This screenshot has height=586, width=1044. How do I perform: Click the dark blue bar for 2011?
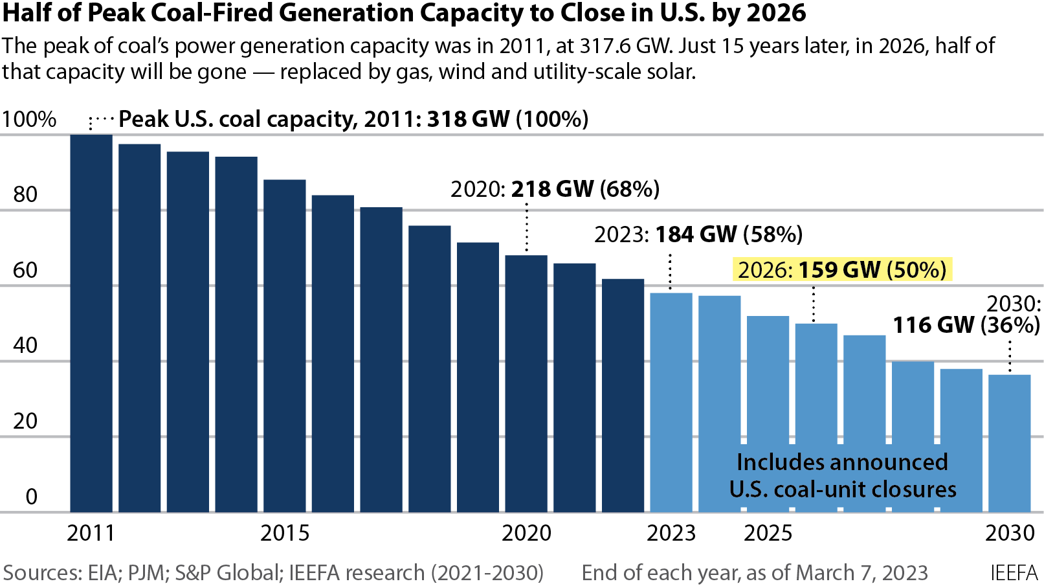(91, 324)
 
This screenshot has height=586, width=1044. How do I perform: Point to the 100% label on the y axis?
(29, 120)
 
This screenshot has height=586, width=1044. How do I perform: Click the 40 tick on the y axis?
(25, 346)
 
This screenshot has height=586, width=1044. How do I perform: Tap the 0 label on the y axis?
(31, 497)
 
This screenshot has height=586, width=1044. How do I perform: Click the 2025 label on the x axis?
(768, 534)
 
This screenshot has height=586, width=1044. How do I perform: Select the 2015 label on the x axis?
(285, 534)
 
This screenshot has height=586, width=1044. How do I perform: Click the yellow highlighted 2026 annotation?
(842, 270)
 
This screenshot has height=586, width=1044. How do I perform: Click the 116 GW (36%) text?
(966, 325)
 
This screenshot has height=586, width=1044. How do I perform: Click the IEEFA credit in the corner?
(1014, 573)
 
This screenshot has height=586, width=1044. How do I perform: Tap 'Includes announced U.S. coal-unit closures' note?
(842, 476)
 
